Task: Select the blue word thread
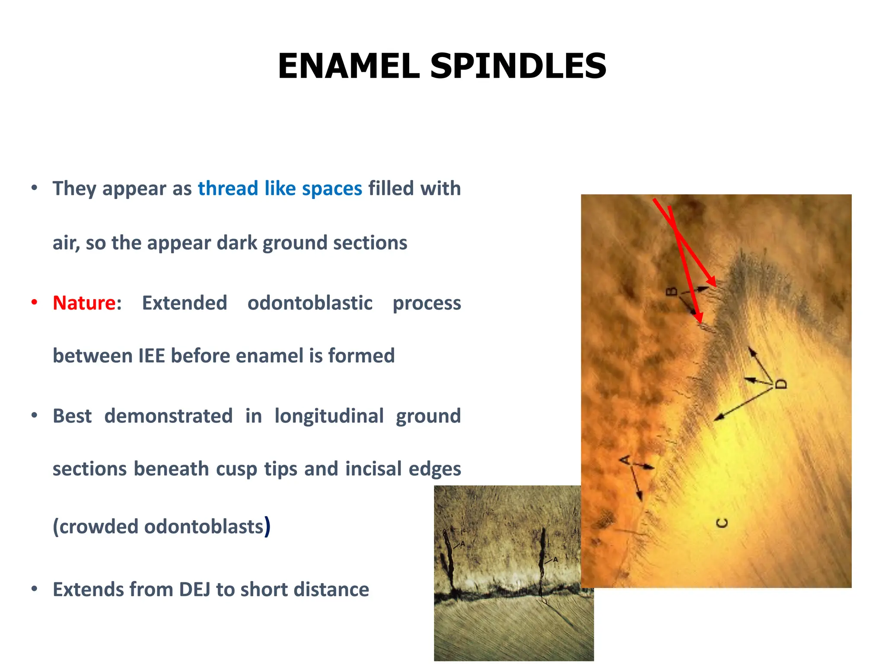(228, 188)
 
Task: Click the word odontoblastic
(309, 303)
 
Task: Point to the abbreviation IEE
(152, 356)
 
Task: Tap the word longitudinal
(329, 416)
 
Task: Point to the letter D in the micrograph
(781, 384)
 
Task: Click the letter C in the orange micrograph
(722, 523)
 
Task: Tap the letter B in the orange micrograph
(671, 291)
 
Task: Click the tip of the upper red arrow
(716, 286)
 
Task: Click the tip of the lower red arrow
(700, 322)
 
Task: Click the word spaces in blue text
(331, 188)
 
